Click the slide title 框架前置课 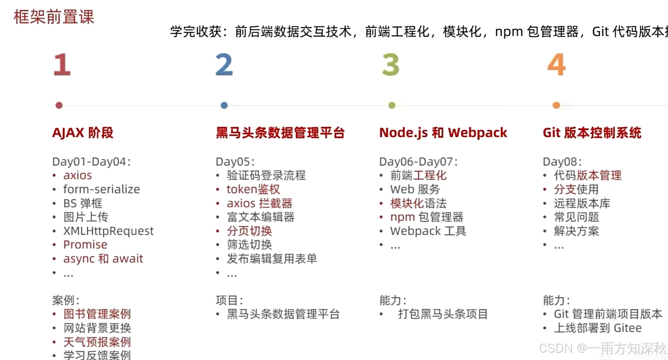point(54,17)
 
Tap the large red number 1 point(62,64)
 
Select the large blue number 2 point(224,64)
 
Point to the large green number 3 point(391,64)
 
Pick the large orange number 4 point(556,64)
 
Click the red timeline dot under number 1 point(59,106)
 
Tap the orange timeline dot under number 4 point(556,106)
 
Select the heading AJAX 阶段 point(83,133)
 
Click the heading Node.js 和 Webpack point(443,133)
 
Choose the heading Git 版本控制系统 point(592,133)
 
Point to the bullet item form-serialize point(102,189)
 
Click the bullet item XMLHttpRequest point(108,231)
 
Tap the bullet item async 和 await point(103,259)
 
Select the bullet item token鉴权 point(253,189)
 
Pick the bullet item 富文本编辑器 point(260,217)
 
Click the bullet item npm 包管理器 point(427,217)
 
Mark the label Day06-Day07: point(418,162)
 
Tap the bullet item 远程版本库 point(582,203)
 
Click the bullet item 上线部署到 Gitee point(598,328)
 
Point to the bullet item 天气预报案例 point(97,342)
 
